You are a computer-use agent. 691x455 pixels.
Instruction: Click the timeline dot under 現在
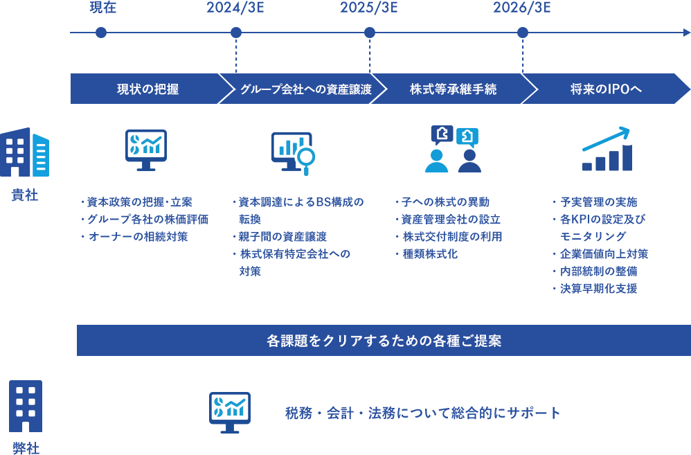(x=101, y=33)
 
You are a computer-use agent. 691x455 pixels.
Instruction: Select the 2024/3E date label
(x=235, y=8)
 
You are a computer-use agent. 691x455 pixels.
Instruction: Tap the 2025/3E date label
(x=369, y=8)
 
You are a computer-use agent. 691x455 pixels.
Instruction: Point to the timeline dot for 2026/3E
(x=523, y=33)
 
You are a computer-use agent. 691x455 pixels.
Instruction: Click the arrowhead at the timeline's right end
(x=685, y=33)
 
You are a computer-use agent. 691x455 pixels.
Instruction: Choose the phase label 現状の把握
(x=147, y=89)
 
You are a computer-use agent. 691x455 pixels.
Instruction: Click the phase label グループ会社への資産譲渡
(x=306, y=89)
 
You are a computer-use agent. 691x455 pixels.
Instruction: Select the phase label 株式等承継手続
(x=453, y=89)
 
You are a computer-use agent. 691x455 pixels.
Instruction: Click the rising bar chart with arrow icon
(x=607, y=149)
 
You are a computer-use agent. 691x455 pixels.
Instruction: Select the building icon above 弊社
(x=26, y=406)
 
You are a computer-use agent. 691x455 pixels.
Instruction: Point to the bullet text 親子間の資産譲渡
(x=287, y=237)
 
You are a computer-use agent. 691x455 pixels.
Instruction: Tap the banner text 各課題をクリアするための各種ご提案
(x=384, y=341)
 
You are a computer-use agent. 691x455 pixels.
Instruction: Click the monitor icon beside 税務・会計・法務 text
(x=230, y=411)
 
